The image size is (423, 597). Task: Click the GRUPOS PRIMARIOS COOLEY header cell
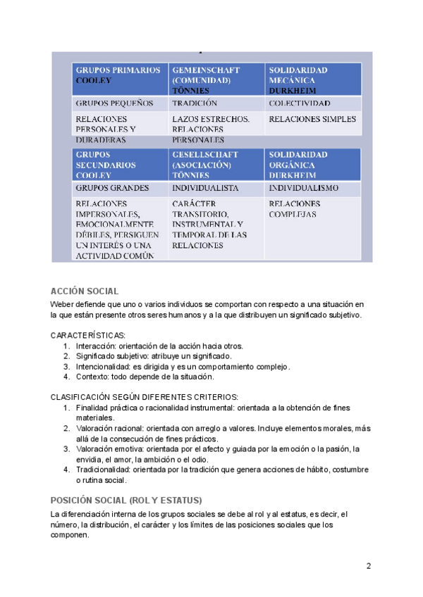(118, 76)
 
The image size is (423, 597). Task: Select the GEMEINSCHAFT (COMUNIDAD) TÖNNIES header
(215, 80)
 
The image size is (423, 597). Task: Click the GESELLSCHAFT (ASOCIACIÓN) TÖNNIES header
(215, 164)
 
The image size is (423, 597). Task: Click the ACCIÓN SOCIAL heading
(85, 291)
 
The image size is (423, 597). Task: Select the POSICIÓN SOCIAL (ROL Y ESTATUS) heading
(126, 500)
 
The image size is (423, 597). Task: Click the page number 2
(368, 566)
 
